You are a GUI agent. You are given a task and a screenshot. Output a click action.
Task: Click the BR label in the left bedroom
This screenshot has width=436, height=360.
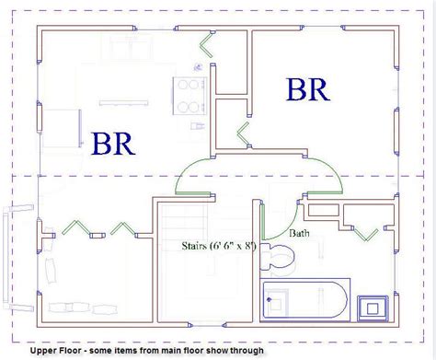click(x=113, y=143)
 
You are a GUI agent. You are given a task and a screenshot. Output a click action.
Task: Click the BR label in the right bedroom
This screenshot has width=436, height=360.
click(x=308, y=90)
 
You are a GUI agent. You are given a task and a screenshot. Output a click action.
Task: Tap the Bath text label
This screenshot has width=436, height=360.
click(x=300, y=234)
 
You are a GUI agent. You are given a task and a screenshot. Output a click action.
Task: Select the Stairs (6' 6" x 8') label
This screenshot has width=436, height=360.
click(x=220, y=246)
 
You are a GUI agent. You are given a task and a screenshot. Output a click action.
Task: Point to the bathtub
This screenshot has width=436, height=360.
click(x=303, y=301)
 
